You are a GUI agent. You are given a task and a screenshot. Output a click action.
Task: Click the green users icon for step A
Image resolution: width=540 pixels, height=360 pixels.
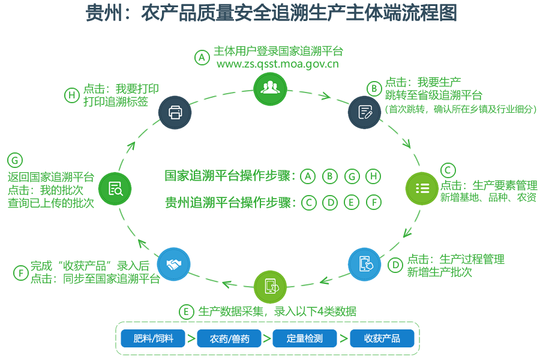click(x=271, y=89)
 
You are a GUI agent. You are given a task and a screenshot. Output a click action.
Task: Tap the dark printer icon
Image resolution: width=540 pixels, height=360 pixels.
click(x=175, y=112)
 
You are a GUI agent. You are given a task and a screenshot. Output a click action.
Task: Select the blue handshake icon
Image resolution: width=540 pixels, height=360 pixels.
click(x=173, y=264)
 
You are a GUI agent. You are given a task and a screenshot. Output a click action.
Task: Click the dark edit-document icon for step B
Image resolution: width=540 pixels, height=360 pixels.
click(x=364, y=112)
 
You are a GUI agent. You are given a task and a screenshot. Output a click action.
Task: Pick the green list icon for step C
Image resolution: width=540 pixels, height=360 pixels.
click(x=422, y=188)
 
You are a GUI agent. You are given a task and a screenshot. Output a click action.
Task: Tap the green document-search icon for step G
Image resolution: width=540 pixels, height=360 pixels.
click(x=115, y=189)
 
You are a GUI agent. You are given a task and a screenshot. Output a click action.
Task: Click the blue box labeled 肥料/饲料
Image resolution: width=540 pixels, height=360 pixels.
click(x=153, y=338)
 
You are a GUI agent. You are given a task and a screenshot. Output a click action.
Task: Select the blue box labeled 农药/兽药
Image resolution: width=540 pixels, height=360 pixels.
click(x=229, y=338)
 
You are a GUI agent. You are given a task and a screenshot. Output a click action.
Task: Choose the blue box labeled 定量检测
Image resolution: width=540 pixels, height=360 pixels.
click(x=304, y=338)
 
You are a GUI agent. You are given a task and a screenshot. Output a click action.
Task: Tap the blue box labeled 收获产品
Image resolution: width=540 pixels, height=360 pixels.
click(x=382, y=338)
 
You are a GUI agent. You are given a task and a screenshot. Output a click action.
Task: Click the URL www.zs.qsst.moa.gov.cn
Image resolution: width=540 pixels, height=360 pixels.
click(x=278, y=64)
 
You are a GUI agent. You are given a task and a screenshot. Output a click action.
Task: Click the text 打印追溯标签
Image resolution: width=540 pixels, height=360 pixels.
click(x=116, y=101)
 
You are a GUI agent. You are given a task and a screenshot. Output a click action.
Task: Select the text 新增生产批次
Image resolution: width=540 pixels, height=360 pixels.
click(x=439, y=272)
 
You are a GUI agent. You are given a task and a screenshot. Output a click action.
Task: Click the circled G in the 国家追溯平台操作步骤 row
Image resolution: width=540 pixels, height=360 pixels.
click(x=352, y=176)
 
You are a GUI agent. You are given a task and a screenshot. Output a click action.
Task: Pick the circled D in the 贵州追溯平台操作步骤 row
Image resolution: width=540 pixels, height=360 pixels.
click(x=330, y=203)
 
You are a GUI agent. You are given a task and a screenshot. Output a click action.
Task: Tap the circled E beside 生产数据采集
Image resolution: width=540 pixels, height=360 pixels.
click(x=187, y=312)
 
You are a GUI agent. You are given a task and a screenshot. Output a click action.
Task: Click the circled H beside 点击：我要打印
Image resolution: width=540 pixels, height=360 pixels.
click(x=72, y=95)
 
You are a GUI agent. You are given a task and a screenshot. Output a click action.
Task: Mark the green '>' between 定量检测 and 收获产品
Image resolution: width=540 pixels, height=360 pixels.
click(x=343, y=338)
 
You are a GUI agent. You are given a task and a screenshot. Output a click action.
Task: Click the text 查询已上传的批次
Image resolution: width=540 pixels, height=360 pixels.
click(x=50, y=203)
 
